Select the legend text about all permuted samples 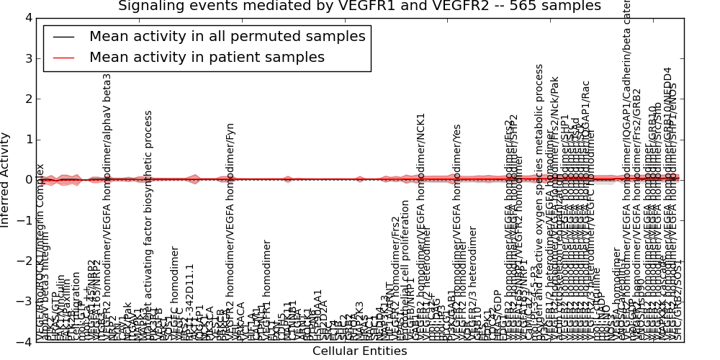(227, 37)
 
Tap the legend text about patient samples (207, 57)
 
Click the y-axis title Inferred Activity (6, 180)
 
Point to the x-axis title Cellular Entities (359, 351)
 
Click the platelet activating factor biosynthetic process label (149, 223)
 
